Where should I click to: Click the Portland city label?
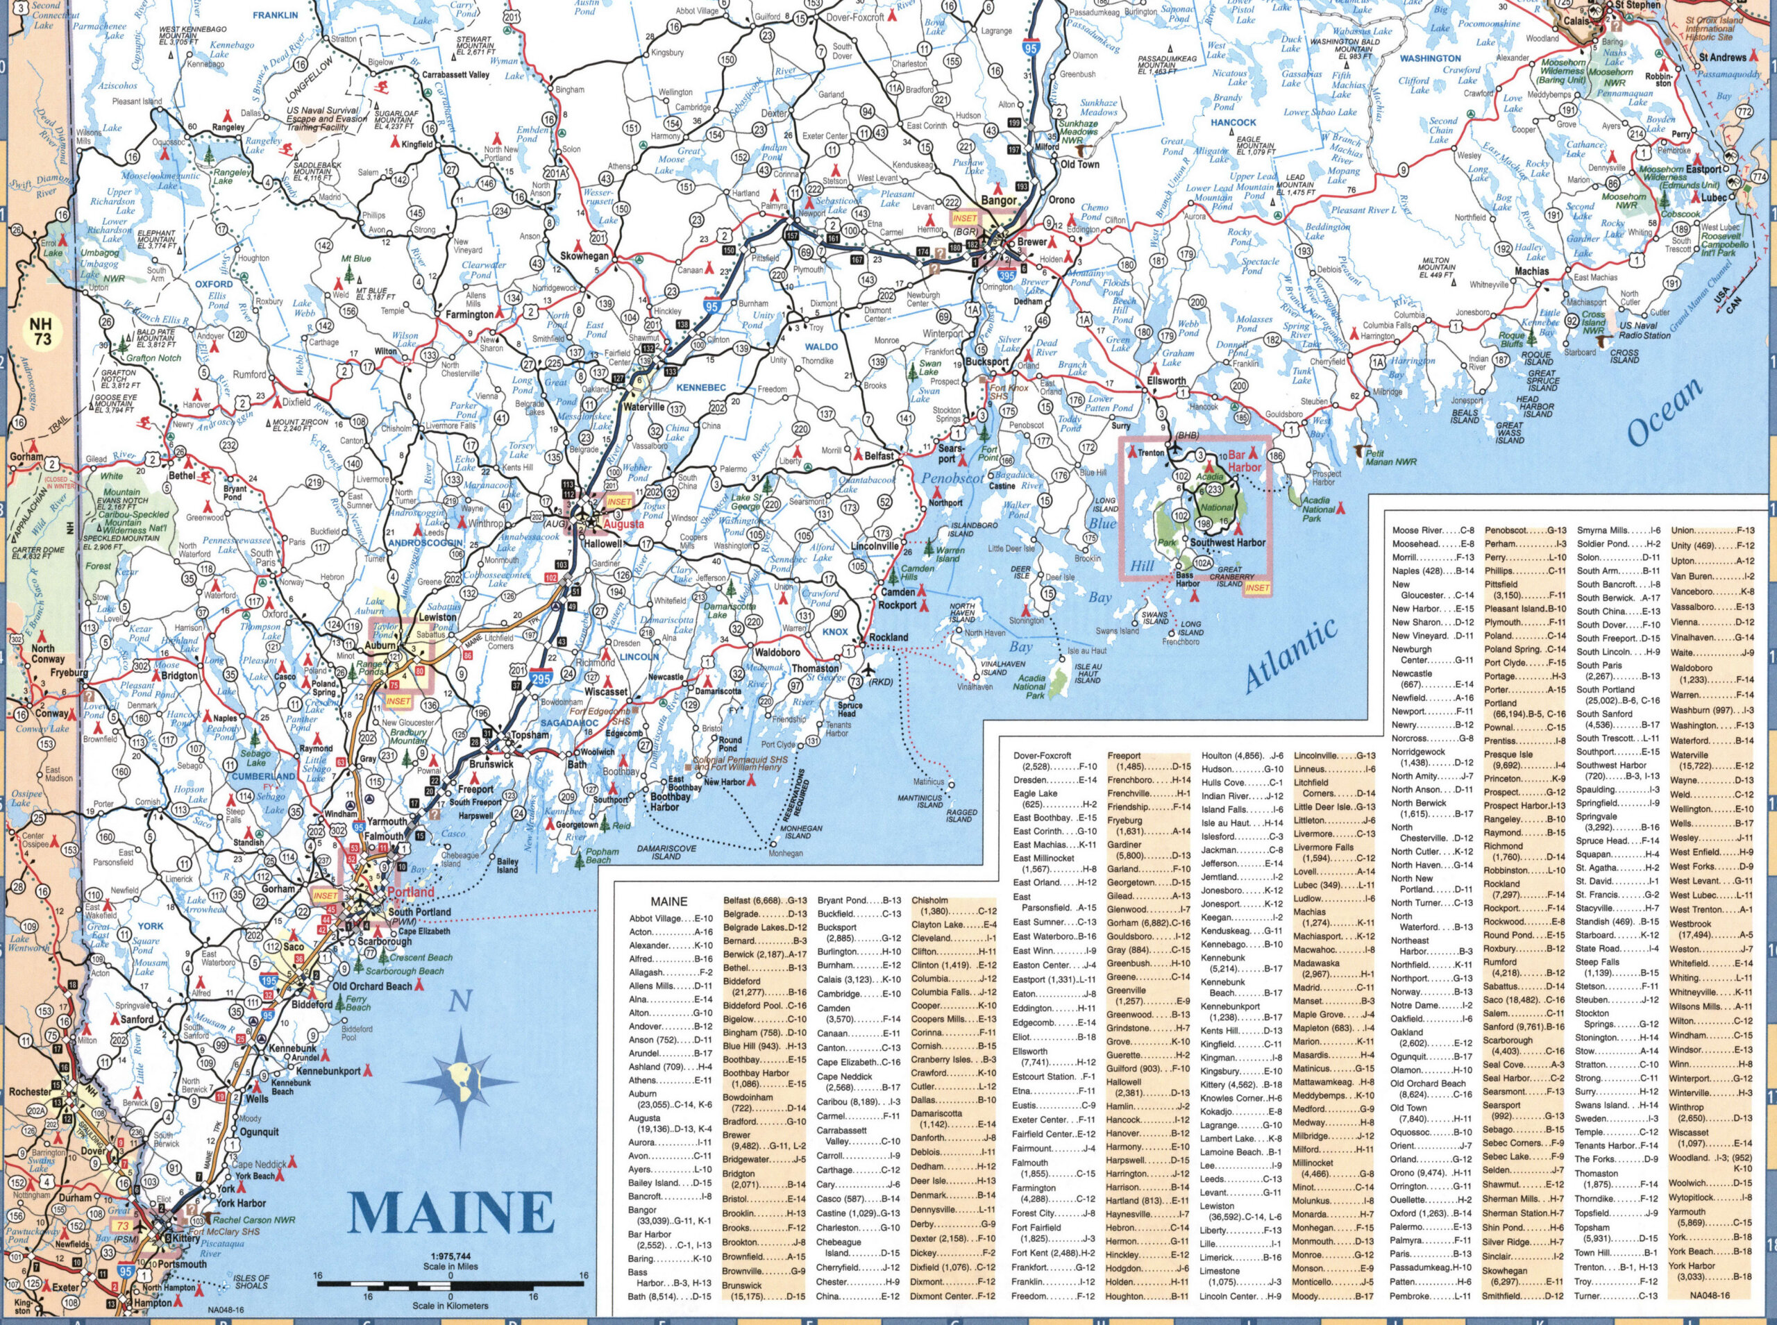coord(410,892)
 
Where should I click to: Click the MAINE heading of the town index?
coord(668,902)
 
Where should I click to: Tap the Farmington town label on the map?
coord(470,315)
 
